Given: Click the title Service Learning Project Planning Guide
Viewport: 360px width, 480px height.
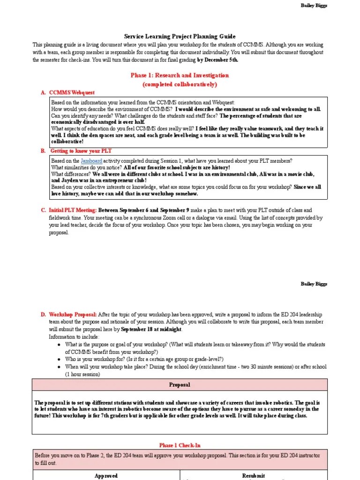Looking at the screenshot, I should (x=180, y=36).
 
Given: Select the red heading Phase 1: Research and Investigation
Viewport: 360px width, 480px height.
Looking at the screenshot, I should (x=180, y=75).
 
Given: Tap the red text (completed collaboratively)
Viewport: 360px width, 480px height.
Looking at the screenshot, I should (x=180, y=84).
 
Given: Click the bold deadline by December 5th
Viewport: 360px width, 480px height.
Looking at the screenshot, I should (x=217, y=60).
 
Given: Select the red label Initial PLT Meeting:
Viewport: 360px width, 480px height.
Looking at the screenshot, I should (x=73, y=210).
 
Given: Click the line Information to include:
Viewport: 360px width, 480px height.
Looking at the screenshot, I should (x=74, y=337).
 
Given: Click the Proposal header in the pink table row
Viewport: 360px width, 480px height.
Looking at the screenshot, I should (x=180, y=385).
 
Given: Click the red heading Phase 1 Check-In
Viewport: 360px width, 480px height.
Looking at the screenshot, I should (x=180, y=445).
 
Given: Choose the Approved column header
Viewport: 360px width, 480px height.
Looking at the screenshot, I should (x=106, y=475).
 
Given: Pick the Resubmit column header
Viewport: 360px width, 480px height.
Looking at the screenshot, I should (x=254, y=475).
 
